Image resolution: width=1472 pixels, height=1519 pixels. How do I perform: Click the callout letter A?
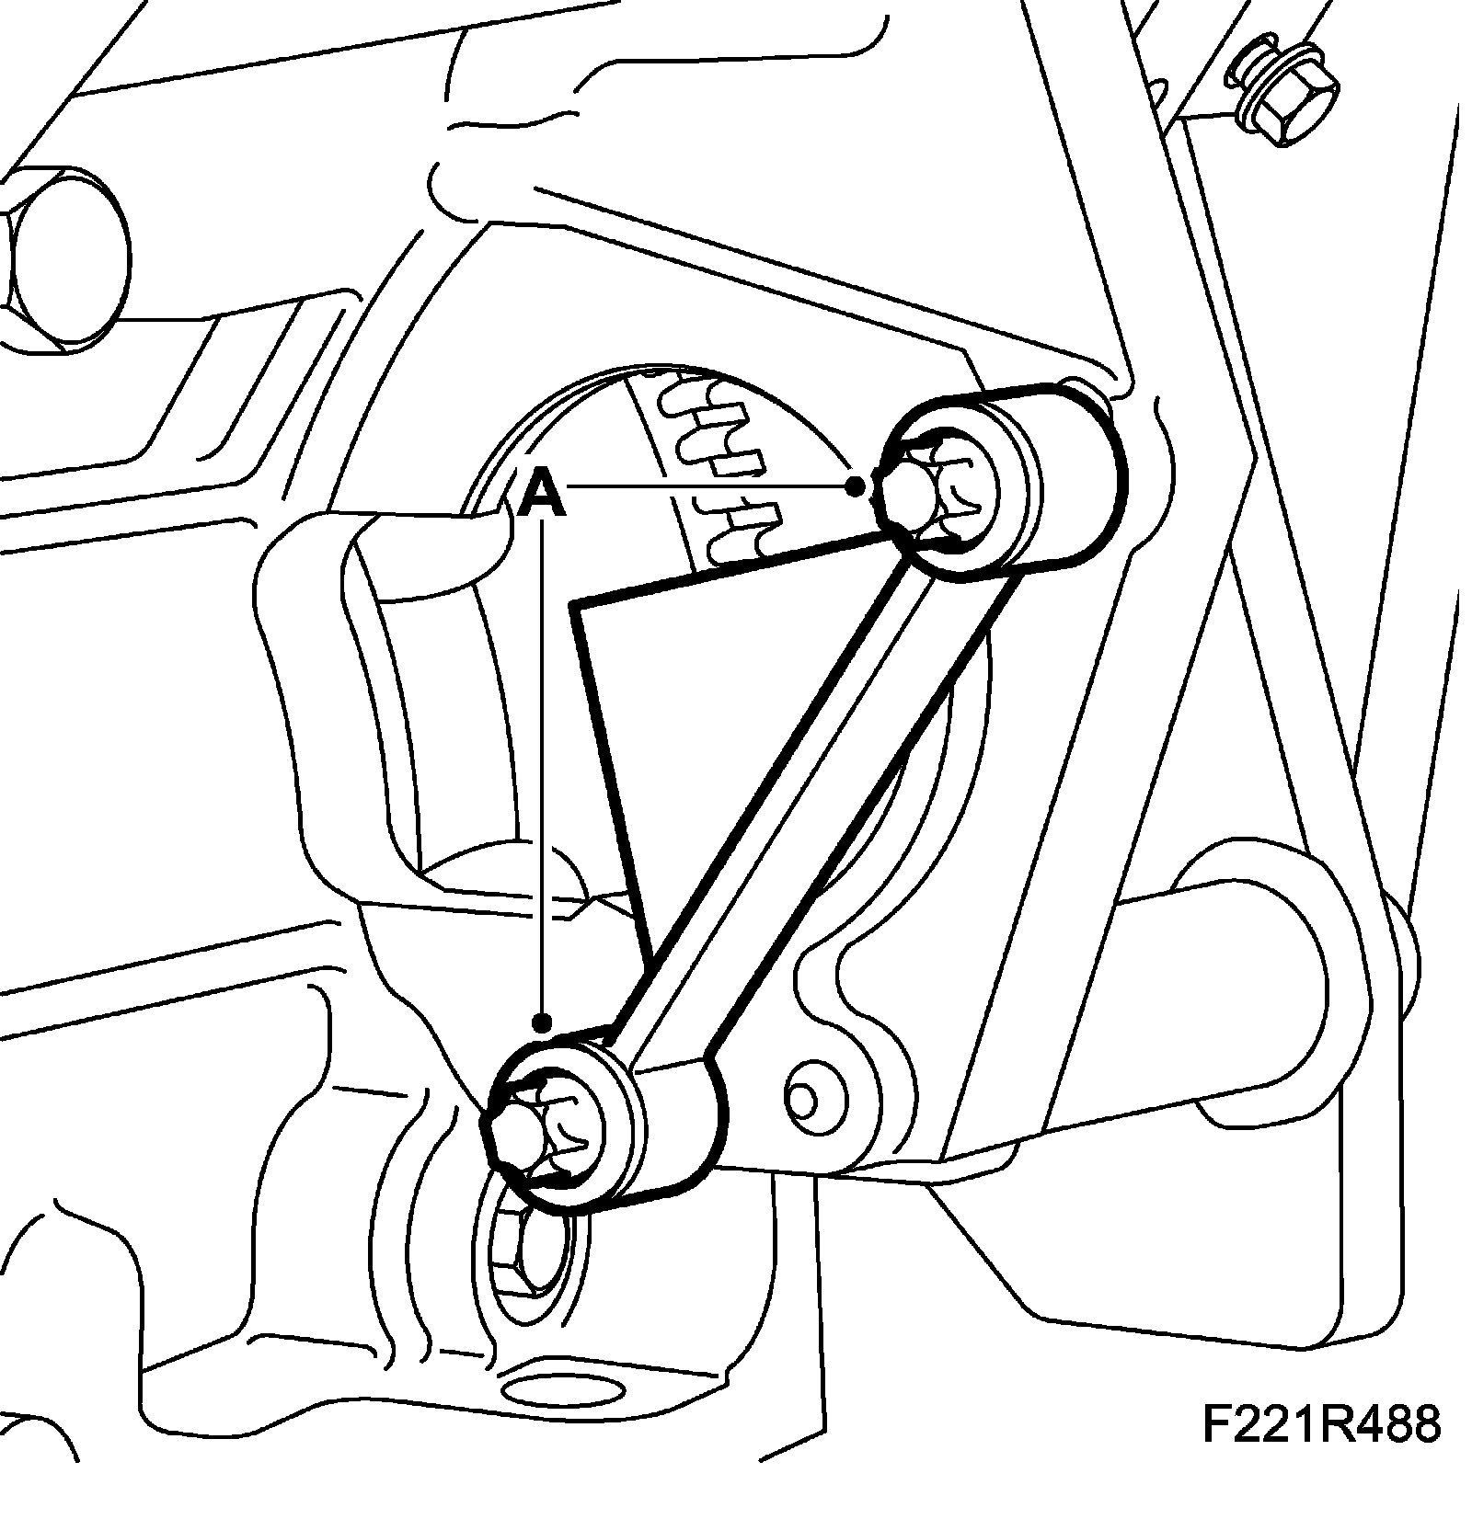(x=541, y=494)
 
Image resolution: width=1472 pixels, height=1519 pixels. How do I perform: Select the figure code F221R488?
(x=1319, y=1450)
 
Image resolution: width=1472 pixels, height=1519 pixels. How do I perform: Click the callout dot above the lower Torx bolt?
(x=544, y=1022)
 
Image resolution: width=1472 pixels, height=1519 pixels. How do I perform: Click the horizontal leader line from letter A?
(x=708, y=484)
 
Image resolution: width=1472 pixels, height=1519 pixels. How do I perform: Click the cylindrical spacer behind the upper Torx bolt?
(x=1040, y=478)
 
